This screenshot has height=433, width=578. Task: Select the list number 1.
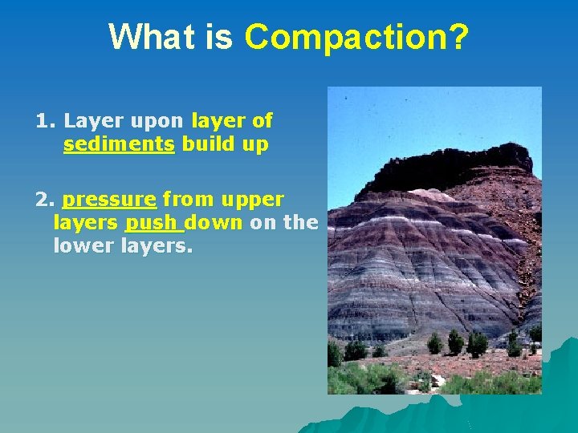pyautogui.click(x=44, y=121)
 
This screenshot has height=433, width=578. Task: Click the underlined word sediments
pyautogui.click(x=119, y=144)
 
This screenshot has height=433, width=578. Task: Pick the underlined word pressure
pyautogui.click(x=108, y=198)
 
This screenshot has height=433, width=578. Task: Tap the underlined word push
pyautogui.click(x=153, y=221)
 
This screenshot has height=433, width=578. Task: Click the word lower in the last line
pyautogui.click(x=81, y=245)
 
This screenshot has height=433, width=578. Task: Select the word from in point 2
pyautogui.click(x=188, y=198)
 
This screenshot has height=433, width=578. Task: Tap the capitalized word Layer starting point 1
pyautogui.click(x=90, y=121)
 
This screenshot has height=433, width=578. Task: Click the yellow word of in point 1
pyautogui.click(x=262, y=121)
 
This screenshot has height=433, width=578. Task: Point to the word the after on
pyautogui.click(x=301, y=221)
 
